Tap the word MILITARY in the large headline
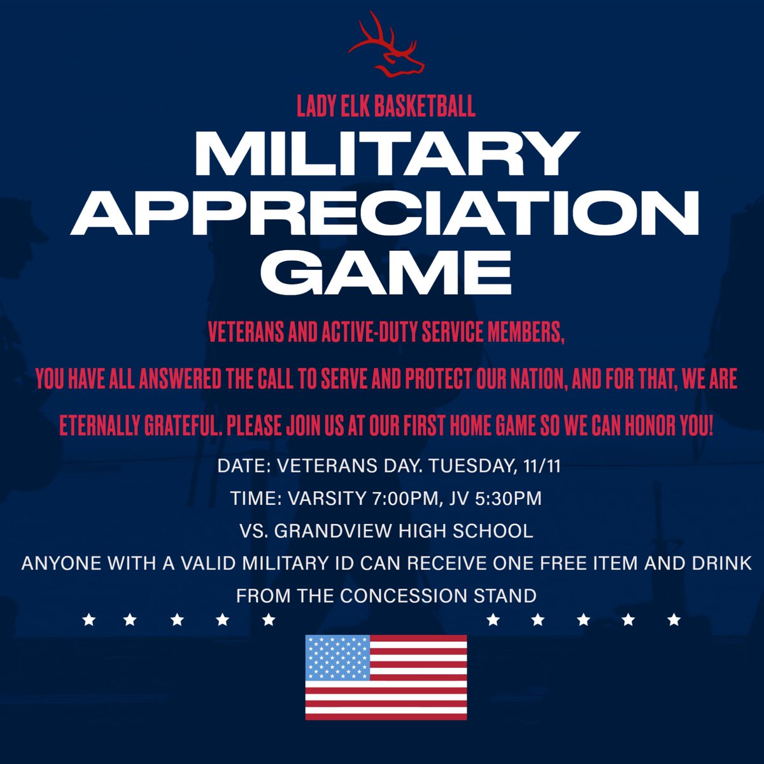click(386, 157)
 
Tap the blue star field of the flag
click(337, 658)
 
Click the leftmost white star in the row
click(89, 619)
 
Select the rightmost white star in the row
click(674, 619)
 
